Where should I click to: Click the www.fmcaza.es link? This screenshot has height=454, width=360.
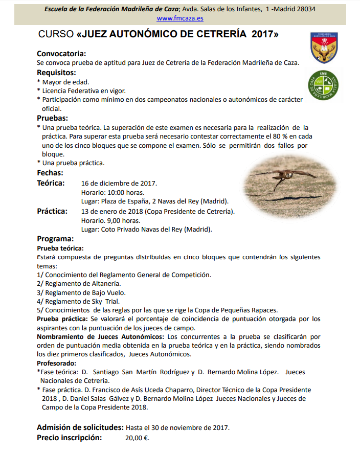pyautogui.click(x=180, y=18)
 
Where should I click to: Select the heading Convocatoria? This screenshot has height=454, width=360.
pyautogui.click(x=61, y=54)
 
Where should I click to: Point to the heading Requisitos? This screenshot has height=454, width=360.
pyautogui.click(x=56, y=72)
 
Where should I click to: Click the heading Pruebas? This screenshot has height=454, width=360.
pyautogui.click(x=53, y=118)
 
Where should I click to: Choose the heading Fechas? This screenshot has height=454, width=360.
pyautogui.click(x=50, y=173)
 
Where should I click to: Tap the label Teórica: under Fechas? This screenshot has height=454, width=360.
pyautogui.click(x=51, y=183)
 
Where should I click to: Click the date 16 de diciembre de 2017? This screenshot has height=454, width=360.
pyautogui.click(x=119, y=183)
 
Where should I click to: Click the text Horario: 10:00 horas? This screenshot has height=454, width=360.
pyautogui.click(x=112, y=192)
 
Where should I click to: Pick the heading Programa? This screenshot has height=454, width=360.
pyautogui.click(x=55, y=238)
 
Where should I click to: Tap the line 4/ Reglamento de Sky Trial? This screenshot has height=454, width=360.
pyautogui.click(x=78, y=302)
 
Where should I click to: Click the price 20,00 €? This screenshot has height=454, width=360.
pyautogui.click(x=137, y=438)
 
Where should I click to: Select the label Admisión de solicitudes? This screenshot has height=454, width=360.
pyautogui.click(x=80, y=427)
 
